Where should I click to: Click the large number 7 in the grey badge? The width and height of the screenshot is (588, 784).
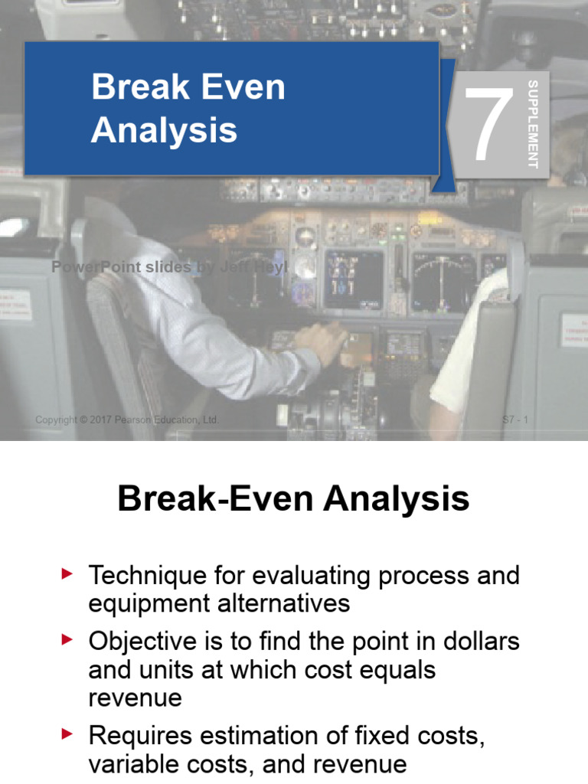point(488,125)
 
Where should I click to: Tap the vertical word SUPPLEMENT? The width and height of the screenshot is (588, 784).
point(533,124)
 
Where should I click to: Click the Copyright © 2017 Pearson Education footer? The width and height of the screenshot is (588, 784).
point(128,420)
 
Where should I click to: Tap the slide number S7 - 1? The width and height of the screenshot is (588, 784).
point(515,420)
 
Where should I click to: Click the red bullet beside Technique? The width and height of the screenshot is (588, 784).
point(68,573)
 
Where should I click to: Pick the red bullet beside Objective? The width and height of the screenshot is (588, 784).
point(68,639)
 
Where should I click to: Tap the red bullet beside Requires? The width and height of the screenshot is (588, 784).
point(68,735)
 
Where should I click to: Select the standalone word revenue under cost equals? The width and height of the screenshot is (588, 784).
point(136,697)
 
